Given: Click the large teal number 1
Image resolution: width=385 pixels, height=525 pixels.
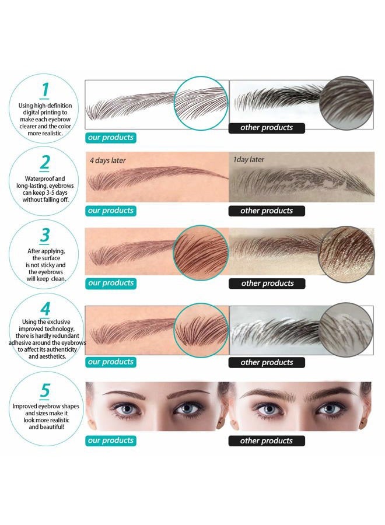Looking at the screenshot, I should coord(44,89).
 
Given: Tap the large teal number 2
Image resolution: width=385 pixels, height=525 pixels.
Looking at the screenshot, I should coord(44,163).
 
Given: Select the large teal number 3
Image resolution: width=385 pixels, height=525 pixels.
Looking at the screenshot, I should coord(44,236).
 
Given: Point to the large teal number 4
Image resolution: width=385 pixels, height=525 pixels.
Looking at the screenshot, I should coord(44,309).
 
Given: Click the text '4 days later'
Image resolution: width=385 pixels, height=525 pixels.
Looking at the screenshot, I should coord(108,160).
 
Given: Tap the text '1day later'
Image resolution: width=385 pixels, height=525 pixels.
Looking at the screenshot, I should coord(249,160).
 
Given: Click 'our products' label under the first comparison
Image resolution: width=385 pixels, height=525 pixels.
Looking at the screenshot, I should coord(111,138).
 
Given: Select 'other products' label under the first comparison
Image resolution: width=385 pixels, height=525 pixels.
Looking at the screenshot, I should coord(267,128).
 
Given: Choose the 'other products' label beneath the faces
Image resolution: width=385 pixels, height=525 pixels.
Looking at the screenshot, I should coord(267,441).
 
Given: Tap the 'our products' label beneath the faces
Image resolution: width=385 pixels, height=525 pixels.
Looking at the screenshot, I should coord(111,441).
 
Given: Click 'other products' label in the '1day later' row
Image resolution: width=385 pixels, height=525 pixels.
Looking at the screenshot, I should coord(267,211).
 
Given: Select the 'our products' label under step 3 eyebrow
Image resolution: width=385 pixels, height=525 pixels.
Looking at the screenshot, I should coord(111,283).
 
